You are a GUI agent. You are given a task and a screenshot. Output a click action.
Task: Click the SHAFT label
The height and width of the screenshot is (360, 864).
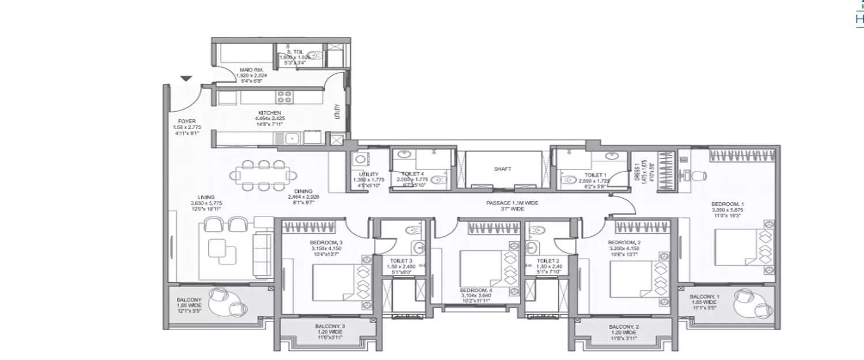click(x=503, y=169)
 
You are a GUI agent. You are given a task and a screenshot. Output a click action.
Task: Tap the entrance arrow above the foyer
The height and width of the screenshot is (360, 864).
click(x=185, y=79)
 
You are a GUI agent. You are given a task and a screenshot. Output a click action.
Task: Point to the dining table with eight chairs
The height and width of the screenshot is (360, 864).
click(x=263, y=175)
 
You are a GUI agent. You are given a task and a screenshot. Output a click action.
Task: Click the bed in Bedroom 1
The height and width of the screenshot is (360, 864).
click(x=740, y=248)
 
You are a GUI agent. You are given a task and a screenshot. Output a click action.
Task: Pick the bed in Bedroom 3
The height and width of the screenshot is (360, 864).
click(x=337, y=282)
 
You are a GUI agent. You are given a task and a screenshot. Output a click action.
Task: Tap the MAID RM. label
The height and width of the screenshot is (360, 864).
click(x=251, y=70)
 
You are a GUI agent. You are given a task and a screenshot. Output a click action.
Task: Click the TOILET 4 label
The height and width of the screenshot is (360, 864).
click(x=414, y=174)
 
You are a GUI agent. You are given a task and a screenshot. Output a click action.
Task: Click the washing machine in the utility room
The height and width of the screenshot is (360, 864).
click(x=361, y=160)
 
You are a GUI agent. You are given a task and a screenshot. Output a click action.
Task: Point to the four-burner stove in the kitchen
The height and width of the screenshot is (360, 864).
click(x=284, y=97)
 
